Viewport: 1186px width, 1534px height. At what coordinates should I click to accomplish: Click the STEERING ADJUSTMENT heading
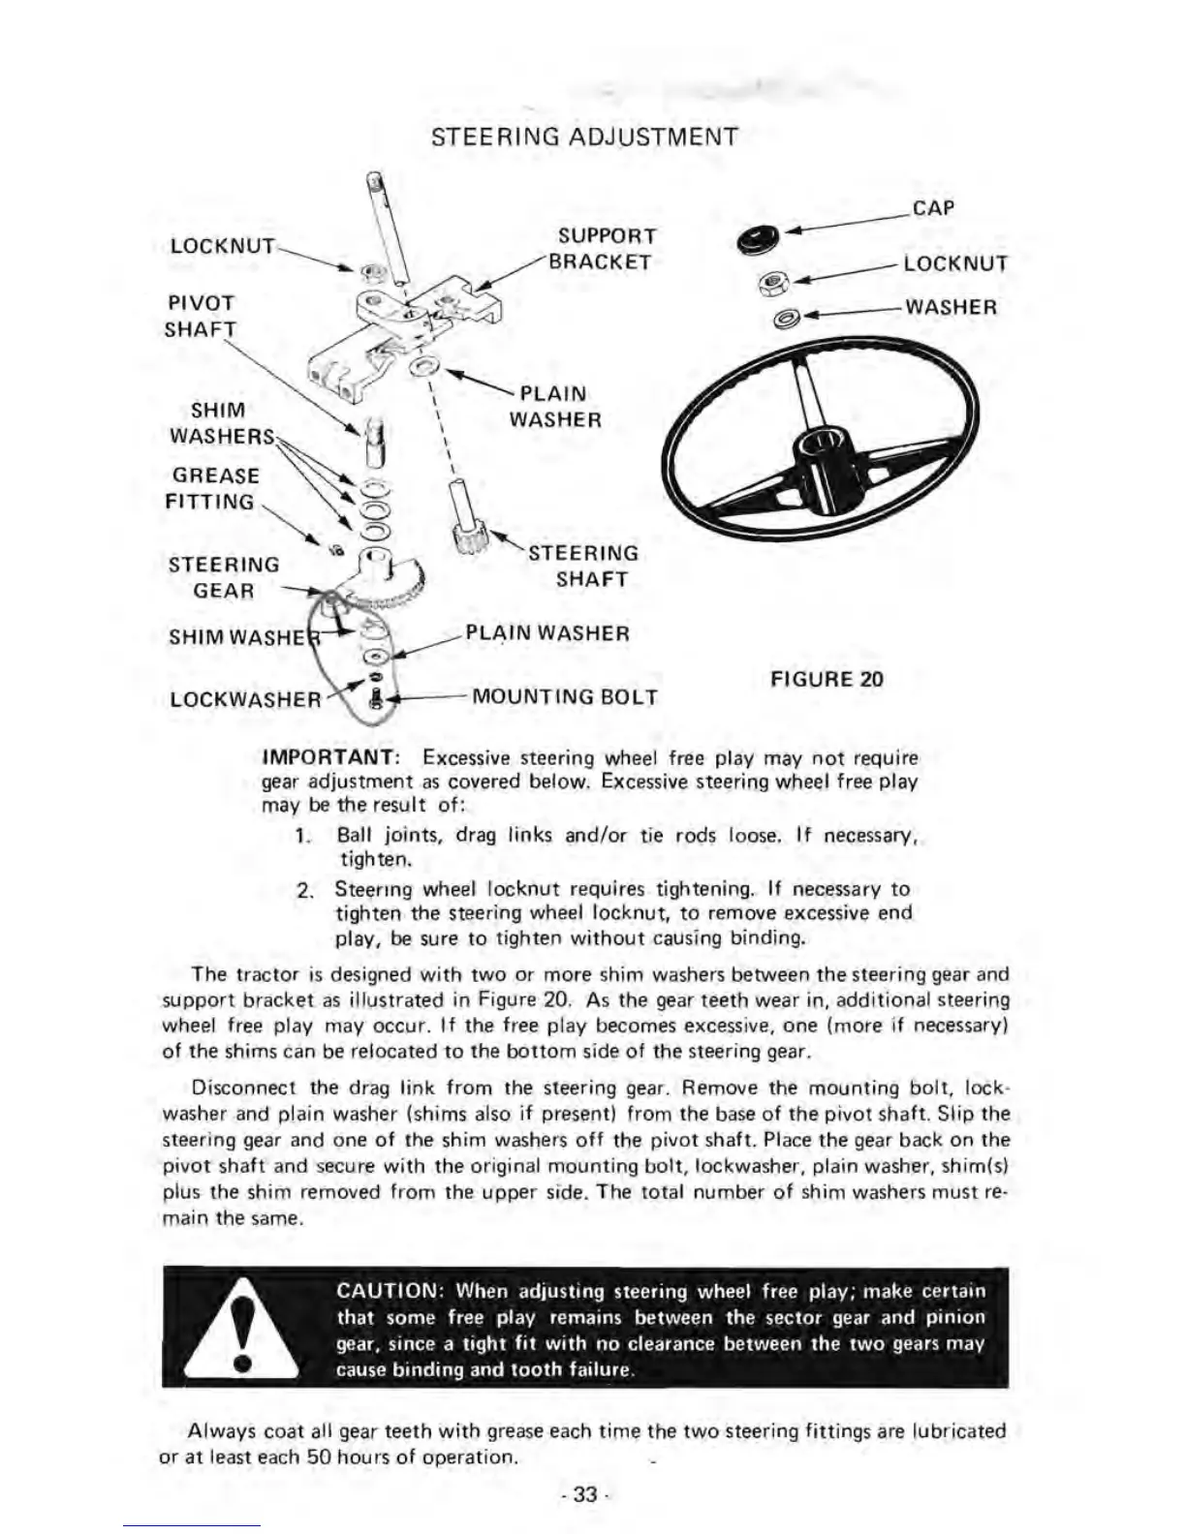tap(583, 137)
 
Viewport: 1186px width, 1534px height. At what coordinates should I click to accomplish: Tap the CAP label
tap(933, 208)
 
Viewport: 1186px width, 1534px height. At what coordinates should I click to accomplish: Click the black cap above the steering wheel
tap(758, 238)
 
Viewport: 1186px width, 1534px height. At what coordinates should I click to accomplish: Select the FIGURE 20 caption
tap(827, 679)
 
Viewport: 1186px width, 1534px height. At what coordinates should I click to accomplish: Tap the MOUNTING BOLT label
tap(564, 697)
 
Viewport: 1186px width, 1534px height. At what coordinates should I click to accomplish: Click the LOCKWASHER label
tap(245, 699)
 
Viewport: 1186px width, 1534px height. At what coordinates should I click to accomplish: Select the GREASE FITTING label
tap(212, 489)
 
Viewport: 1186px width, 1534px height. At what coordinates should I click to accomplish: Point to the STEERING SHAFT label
tap(583, 567)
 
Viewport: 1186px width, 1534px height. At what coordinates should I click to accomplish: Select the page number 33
tap(584, 1494)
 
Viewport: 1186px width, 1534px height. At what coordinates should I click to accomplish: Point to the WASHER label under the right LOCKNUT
tap(950, 308)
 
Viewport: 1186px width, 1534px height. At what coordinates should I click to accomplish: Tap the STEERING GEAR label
tap(224, 577)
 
